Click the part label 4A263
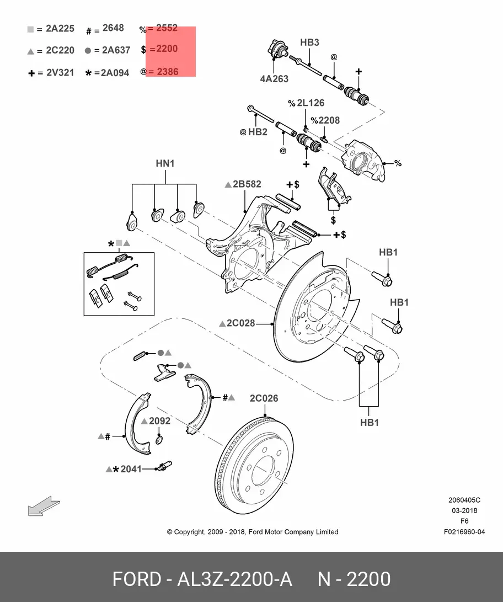pyautogui.click(x=274, y=79)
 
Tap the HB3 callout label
pyautogui.click(x=309, y=42)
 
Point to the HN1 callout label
pyautogui.click(x=165, y=163)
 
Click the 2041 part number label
pyautogui.click(x=131, y=469)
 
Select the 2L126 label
pyautogui.click(x=310, y=103)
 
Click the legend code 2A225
pyautogui.click(x=60, y=29)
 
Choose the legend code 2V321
pyautogui.click(x=60, y=72)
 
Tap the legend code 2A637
pyautogui.click(x=116, y=50)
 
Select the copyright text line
pyautogui.click(x=252, y=532)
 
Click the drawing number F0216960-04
pyautogui.click(x=464, y=532)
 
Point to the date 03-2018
pyautogui.click(x=464, y=511)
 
